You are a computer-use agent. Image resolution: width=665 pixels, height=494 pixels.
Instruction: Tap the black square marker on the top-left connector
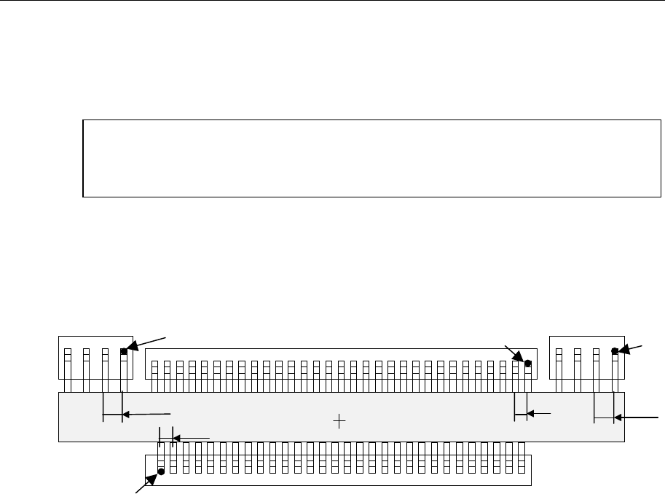pos(124,351)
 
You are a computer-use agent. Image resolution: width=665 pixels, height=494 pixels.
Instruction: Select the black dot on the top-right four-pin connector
pos(615,351)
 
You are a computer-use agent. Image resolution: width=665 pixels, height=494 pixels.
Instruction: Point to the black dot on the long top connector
pos(528,363)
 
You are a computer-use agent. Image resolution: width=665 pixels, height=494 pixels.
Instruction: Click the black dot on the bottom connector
pos(161,471)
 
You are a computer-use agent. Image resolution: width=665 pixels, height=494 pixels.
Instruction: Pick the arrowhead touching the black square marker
pos(133,346)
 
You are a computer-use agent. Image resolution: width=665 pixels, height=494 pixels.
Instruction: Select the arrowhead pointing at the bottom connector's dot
pos(154,478)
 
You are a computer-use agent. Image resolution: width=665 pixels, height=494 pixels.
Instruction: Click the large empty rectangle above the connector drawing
pos(372,158)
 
